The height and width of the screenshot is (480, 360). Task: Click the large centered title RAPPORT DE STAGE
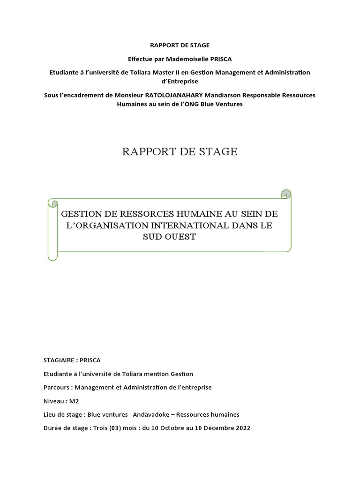pos(180,152)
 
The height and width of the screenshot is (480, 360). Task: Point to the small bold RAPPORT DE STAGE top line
pos(180,45)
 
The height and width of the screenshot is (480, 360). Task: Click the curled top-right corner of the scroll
pos(286,194)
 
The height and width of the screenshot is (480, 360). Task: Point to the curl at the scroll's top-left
pos(53,203)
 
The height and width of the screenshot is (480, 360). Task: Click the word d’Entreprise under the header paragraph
pos(180,81)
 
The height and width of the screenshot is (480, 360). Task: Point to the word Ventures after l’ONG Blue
pos(227,104)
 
